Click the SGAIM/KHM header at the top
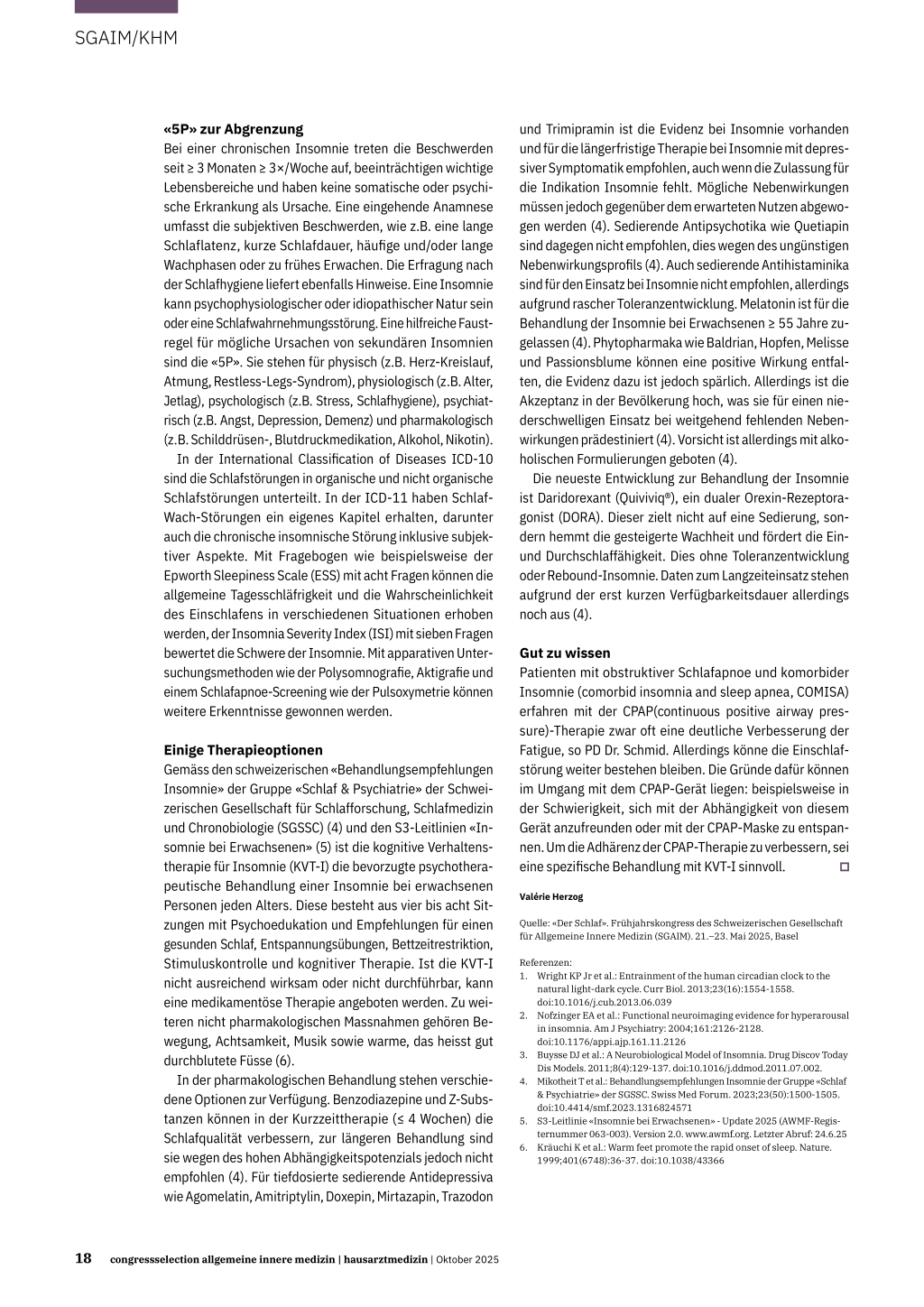coord(126,38)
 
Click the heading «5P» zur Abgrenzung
coord(233,129)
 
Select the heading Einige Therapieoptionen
coord(243,750)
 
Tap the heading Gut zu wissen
coord(565,653)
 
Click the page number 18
coord(83,1258)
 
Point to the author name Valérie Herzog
coord(551,896)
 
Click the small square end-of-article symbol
coord(845,867)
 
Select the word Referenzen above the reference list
coord(545,962)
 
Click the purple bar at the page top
coord(126,6)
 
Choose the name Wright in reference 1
coord(552,976)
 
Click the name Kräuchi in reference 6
coord(556,1147)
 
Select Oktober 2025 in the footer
coord(467,1259)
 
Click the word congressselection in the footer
coord(155,1259)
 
